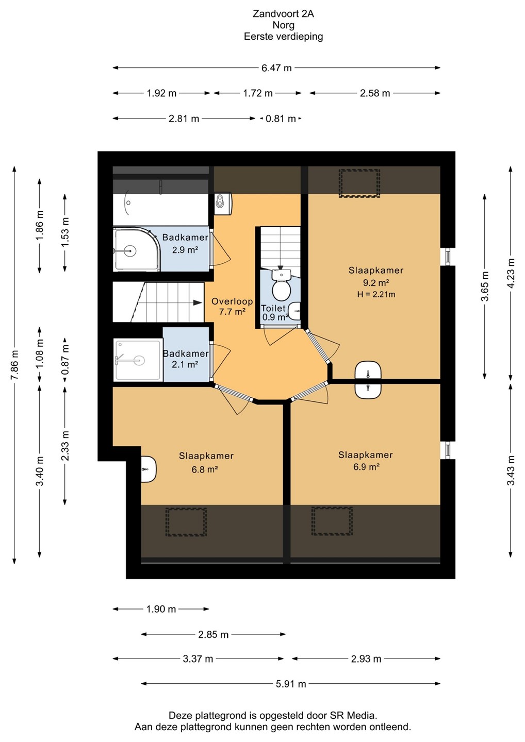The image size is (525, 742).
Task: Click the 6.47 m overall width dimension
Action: pos(276,68)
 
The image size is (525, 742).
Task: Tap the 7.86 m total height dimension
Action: pos(14,365)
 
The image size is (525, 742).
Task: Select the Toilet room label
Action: pos(273,308)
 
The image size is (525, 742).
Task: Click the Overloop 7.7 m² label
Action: pos(232,307)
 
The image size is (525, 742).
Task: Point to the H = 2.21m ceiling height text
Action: pos(376,294)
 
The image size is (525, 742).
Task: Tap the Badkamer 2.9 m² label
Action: pos(185,243)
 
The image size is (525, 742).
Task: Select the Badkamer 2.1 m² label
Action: pos(186,359)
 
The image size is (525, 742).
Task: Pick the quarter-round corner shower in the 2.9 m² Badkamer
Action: pos(137,249)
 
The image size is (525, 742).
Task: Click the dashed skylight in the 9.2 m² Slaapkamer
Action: pos(359,183)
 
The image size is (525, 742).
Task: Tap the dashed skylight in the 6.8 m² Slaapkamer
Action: pos(186,521)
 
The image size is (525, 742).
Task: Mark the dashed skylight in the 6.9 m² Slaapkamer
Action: pos(332,521)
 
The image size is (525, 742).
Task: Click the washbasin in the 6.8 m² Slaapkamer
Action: pos(149,469)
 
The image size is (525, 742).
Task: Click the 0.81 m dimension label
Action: pos(281,119)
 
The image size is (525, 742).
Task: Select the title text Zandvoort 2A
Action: pos(283,13)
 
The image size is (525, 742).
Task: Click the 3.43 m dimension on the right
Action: pos(511,470)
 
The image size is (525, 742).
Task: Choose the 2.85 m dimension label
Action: pos(214,634)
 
